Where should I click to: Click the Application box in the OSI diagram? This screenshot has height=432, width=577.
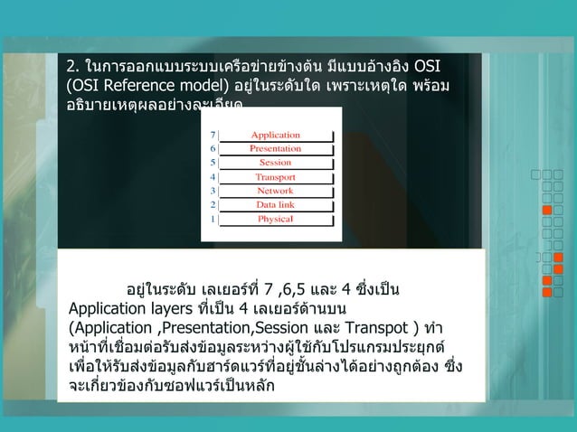click(x=276, y=135)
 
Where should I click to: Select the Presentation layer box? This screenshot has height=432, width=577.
click(x=276, y=148)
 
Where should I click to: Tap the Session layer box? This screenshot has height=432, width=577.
click(x=276, y=163)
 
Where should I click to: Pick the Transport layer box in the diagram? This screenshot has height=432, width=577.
click(x=276, y=177)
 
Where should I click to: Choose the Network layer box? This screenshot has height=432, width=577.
click(x=276, y=191)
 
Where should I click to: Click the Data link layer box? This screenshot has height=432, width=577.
click(x=276, y=205)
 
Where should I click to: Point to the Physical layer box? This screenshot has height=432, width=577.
click(x=276, y=219)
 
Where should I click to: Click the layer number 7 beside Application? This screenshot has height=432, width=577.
click(x=213, y=135)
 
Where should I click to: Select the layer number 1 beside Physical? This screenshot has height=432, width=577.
click(x=213, y=219)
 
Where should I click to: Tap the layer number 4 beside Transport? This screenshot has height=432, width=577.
click(x=213, y=177)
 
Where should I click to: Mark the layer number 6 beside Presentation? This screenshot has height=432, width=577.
click(x=213, y=148)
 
